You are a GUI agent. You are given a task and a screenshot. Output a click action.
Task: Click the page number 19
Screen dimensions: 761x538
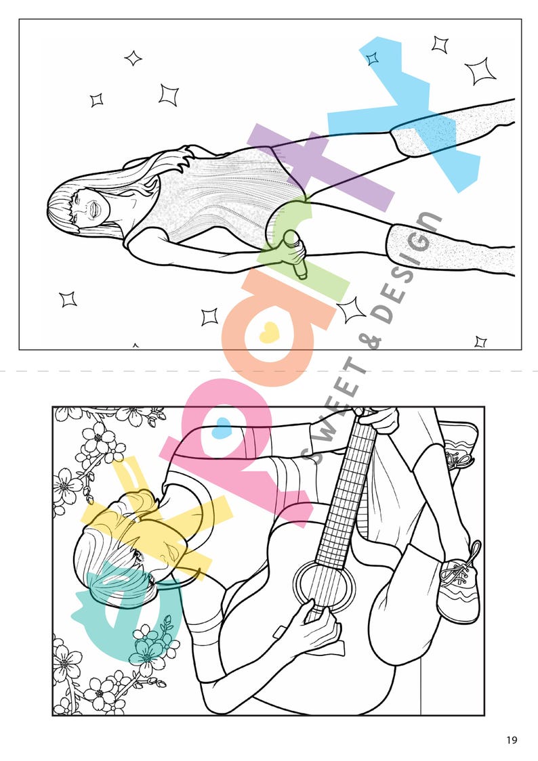click(x=511, y=739)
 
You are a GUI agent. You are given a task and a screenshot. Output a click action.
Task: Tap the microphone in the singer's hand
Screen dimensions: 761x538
click(x=296, y=255)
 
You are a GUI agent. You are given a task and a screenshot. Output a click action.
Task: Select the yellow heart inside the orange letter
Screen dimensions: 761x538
click(x=269, y=332)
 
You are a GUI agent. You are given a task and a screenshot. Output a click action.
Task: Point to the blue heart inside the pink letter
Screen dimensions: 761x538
click(x=222, y=428)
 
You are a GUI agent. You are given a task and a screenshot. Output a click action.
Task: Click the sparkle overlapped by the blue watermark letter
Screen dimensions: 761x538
click(x=372, y=59)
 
